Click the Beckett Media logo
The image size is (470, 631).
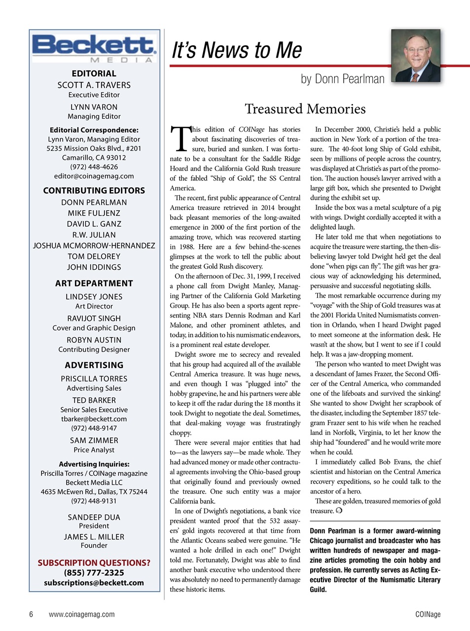click(94, 48)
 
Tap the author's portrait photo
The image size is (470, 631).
click(415, 56)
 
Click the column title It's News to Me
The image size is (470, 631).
click(237, 51)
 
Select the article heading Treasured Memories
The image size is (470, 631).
click(305, 109)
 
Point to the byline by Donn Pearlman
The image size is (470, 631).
click(342, 79)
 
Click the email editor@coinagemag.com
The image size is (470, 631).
click(94, 176)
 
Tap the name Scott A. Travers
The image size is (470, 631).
click(94, 85)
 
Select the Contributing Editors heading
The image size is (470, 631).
click(94, 191)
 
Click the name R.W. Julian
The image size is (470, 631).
click(94, 235)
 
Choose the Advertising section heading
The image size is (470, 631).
click(94, 365)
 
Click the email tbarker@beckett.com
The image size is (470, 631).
click(94, 419)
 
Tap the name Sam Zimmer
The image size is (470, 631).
click(94, 441)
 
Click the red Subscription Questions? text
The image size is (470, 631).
click(94, 563)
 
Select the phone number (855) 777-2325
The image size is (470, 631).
click(94, 573)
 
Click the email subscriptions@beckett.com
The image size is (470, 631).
click(94, 583)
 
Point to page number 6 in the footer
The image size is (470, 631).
click(31, 614)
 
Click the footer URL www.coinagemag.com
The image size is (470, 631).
click(81, 614)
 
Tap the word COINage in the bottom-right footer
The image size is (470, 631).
click(428, 614)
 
